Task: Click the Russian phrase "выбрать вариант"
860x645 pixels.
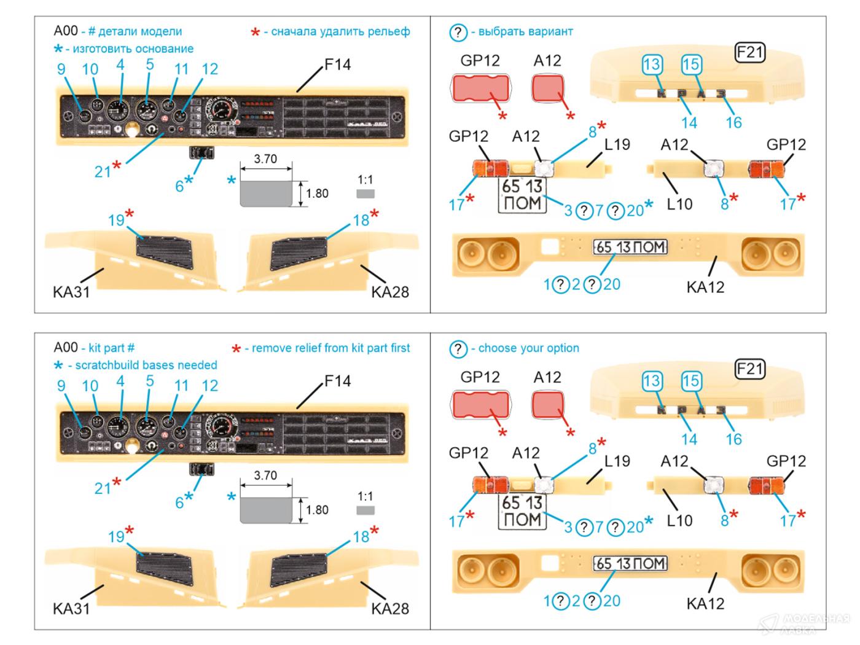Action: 525,31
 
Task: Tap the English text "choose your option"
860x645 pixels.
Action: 528,348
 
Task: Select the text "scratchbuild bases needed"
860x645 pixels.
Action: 142,365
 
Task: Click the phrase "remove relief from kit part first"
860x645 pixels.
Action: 330,348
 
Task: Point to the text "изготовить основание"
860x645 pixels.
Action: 133,49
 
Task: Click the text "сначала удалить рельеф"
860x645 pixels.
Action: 340,31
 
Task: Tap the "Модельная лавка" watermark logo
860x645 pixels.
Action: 805,622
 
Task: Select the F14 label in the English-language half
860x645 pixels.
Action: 337,381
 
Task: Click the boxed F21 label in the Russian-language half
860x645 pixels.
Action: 749,53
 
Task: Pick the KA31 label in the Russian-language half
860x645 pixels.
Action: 71,292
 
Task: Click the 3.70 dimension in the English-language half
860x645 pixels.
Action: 265,475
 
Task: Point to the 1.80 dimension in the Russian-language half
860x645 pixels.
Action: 317,193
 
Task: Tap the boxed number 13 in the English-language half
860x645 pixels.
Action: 652,381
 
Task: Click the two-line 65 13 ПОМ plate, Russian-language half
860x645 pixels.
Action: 522,195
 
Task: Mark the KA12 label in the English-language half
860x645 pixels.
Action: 705,603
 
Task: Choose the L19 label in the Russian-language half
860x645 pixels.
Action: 617,144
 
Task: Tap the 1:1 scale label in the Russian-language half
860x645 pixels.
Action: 365,180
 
